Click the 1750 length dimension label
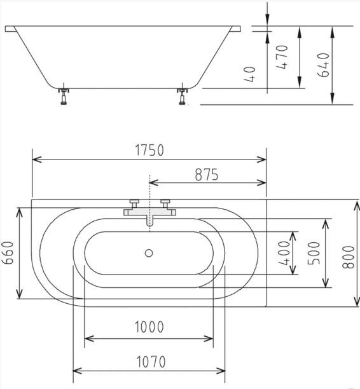(149, 150)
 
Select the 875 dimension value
(207, 174)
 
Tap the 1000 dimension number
(149, 327)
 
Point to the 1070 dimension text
(151, 362)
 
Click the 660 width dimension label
(8, 253)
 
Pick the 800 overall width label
(349, 257)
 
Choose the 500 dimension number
(314, 253)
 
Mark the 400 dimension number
(284, 253)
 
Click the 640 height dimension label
(323, 65)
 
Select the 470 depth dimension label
(282, 57)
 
